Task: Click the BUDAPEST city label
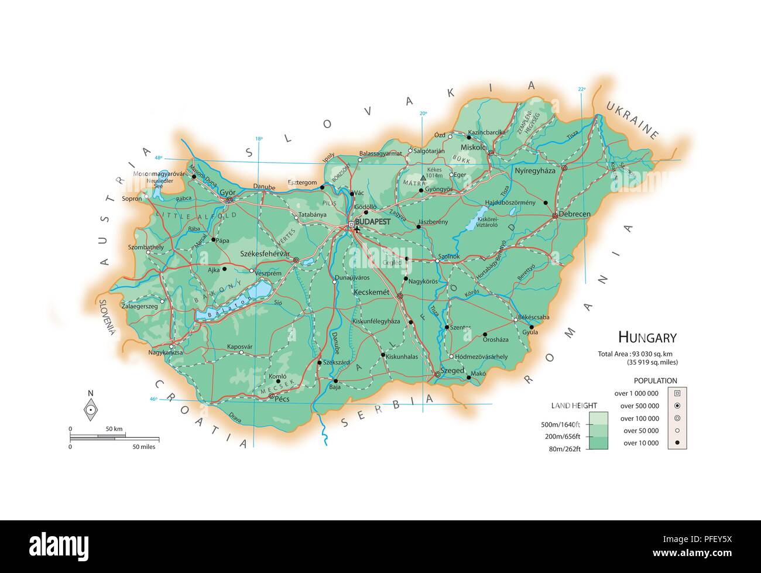click(x=372, y=222)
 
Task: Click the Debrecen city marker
click(x=554, y=216)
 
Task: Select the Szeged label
click(x=453, y=371)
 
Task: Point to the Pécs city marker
click(x=271, y=396)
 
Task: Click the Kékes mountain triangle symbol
click(x=423, y=177)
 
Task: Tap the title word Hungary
click(x=647, y=337)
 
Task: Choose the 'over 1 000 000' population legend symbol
click(x=677, y=393)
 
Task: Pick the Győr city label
click(x=227, y=192)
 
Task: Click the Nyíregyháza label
click(x=534, y=171)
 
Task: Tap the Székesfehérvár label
click(x=265, y=254)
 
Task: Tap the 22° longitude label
click(x=581, y=89)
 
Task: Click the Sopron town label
click(x=132, y=198)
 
